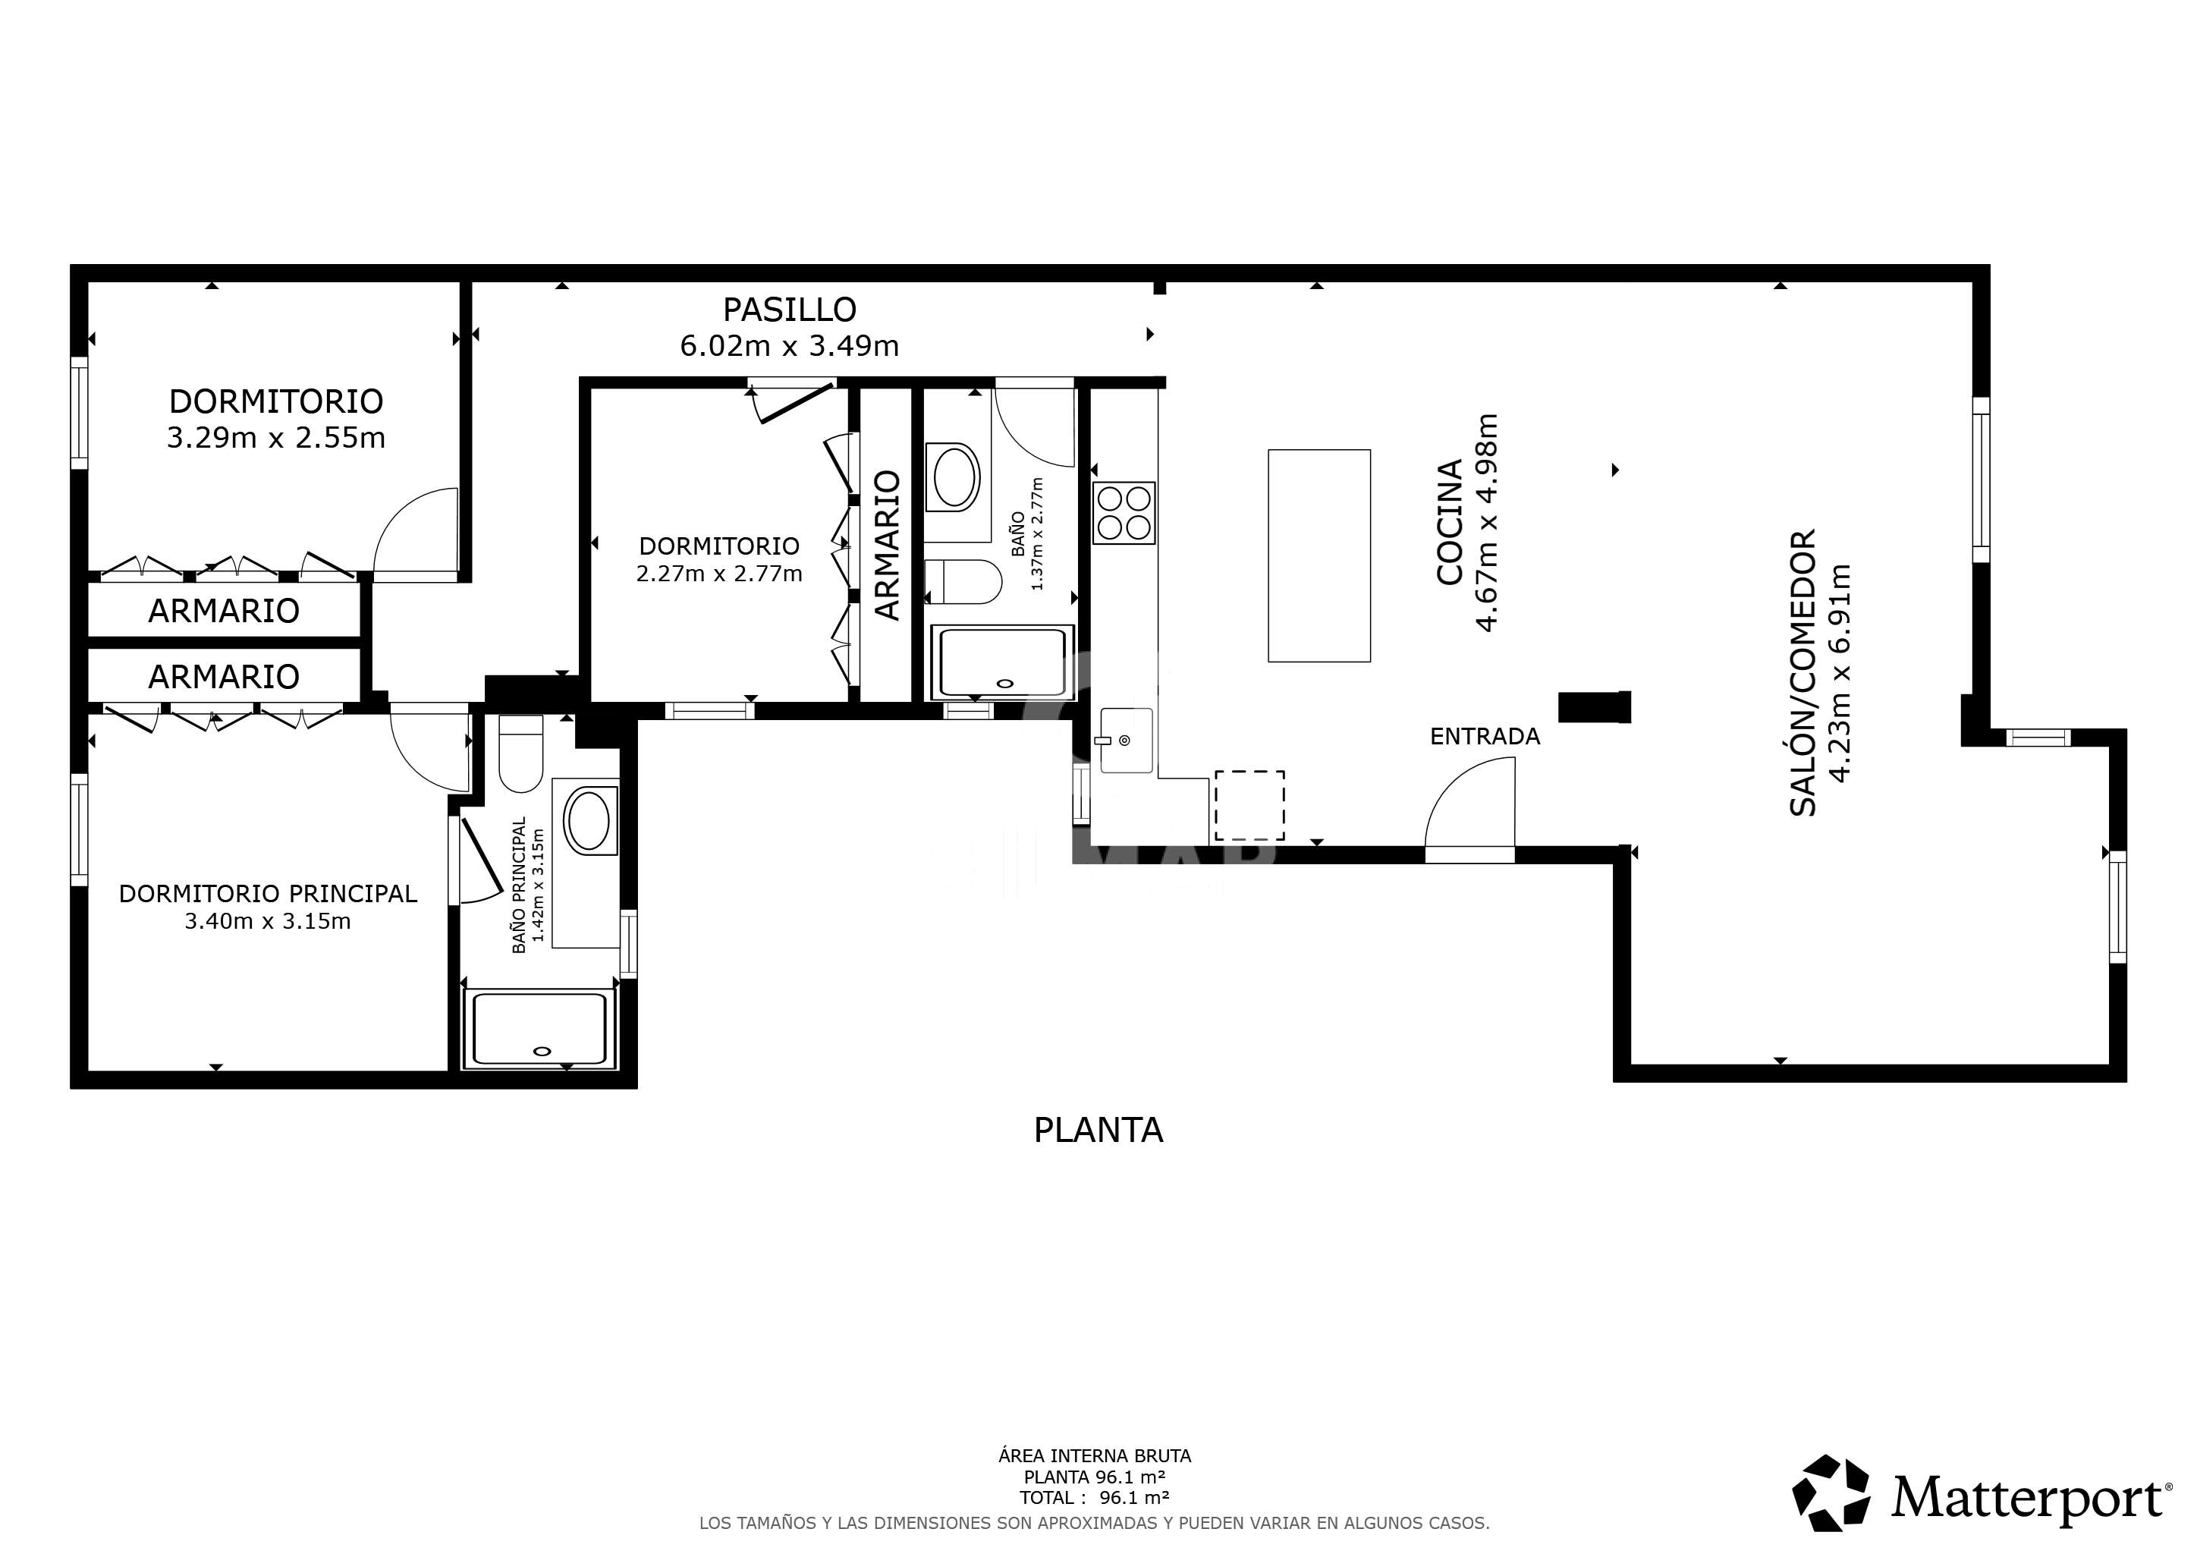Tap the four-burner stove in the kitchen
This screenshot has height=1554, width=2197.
point(1124,513)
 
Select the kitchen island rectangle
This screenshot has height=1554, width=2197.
point(1319,556)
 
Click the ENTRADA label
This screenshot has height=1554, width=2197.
point(1485,737)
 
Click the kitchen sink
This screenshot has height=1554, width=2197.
point(1127,740)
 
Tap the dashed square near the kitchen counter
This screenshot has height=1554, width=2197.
point(1249,806)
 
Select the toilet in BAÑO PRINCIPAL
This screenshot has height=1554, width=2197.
point(521,754)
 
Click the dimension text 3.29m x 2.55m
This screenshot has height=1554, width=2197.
point(277,439)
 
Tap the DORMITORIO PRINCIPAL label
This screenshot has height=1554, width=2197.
point(268,894)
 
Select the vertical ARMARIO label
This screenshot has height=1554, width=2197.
point(888,546)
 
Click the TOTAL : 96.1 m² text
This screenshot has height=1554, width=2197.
point(1095,1499)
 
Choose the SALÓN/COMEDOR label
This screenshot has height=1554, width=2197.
point(1803,673)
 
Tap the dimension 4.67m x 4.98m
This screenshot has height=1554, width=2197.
point(1486,523)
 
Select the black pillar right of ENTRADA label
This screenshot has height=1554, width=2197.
point(1594,707)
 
